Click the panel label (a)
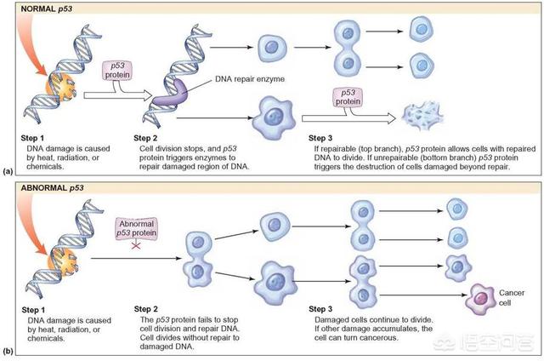8,170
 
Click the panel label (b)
8,350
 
